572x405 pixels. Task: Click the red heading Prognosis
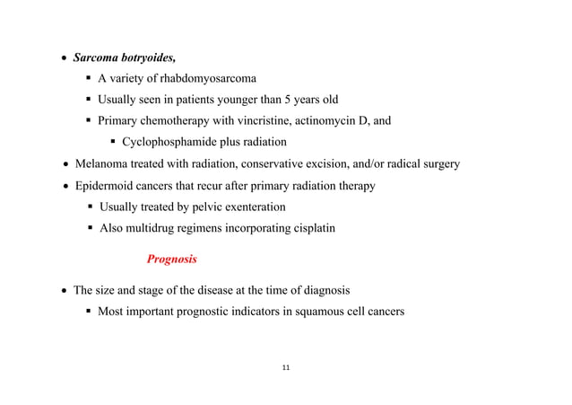tap(172, 260)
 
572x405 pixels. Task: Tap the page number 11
tap(286, 368)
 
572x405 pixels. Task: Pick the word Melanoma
tap(101, 164)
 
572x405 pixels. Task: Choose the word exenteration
tap(247, 207)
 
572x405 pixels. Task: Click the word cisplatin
tap(310, 228)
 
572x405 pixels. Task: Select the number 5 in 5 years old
tap(286, 100)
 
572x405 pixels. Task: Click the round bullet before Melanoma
tap(65, 165)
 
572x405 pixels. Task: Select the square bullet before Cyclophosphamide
tap(113, 143)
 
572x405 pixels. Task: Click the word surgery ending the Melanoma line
tap(439, 164)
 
